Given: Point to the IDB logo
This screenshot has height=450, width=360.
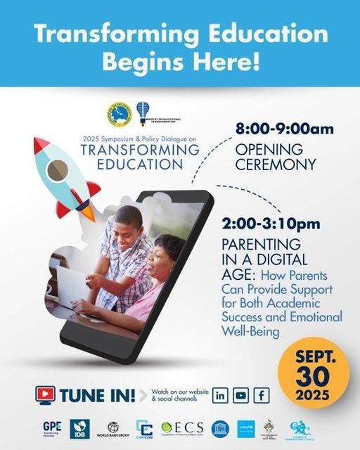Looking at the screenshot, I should [x=80, y=427].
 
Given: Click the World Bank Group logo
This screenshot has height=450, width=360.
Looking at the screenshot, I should [x=112, y=427].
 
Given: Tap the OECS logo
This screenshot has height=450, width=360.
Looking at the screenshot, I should [x=181, y=427].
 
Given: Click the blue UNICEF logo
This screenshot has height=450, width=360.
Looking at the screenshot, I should [x=244, y=426].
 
